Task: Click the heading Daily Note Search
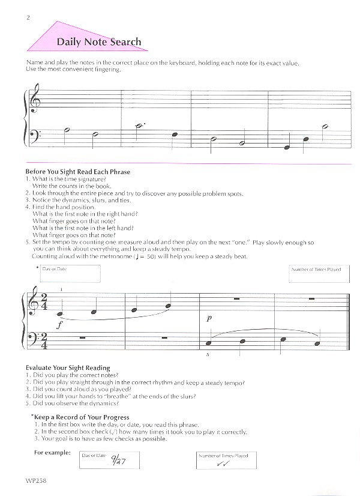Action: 99,42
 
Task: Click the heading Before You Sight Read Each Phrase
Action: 78,172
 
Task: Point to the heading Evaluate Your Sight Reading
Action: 68,367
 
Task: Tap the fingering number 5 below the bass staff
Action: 206,355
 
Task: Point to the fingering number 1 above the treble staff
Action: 61,290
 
